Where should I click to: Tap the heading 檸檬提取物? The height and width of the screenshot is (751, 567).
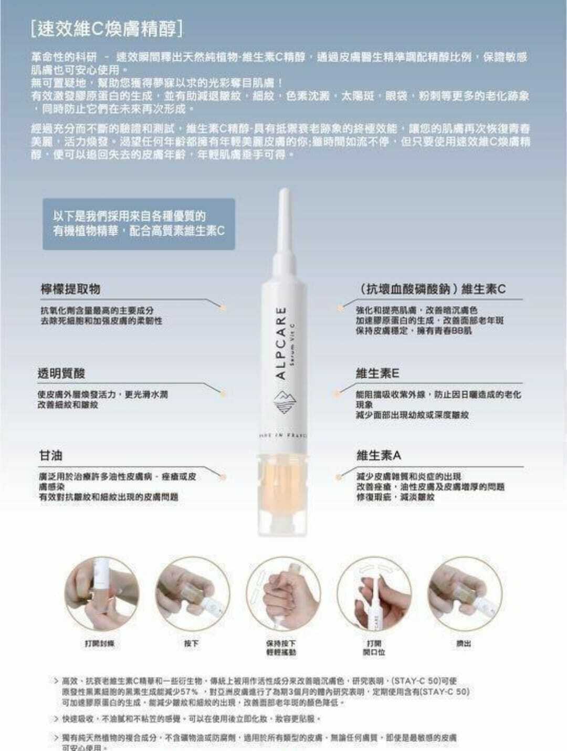pyautogui.click(x=71, y=289)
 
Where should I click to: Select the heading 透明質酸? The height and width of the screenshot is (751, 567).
pyautogui.click(x=61, y=373)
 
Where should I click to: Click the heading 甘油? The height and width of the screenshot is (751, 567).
pyautogui.click(x=51, y=455)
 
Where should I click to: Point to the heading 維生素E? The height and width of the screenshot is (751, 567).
pyautogui.click(x=377, y=373)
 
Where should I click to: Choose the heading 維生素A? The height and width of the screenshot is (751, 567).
pyautogui.click(x=379, y=455)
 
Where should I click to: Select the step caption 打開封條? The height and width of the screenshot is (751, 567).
pyautogui.click(x=99, y=643)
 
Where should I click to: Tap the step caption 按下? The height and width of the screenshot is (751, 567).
pyautogui.click(x=192, y=643)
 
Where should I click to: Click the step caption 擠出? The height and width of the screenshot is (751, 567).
pyautogui.click(x=464, y=643)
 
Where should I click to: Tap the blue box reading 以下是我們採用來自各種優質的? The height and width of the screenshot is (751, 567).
pyautogui.click(x=139, y=224)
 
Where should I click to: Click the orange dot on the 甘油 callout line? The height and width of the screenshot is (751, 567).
pyautogui.click(x=224, y=477)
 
